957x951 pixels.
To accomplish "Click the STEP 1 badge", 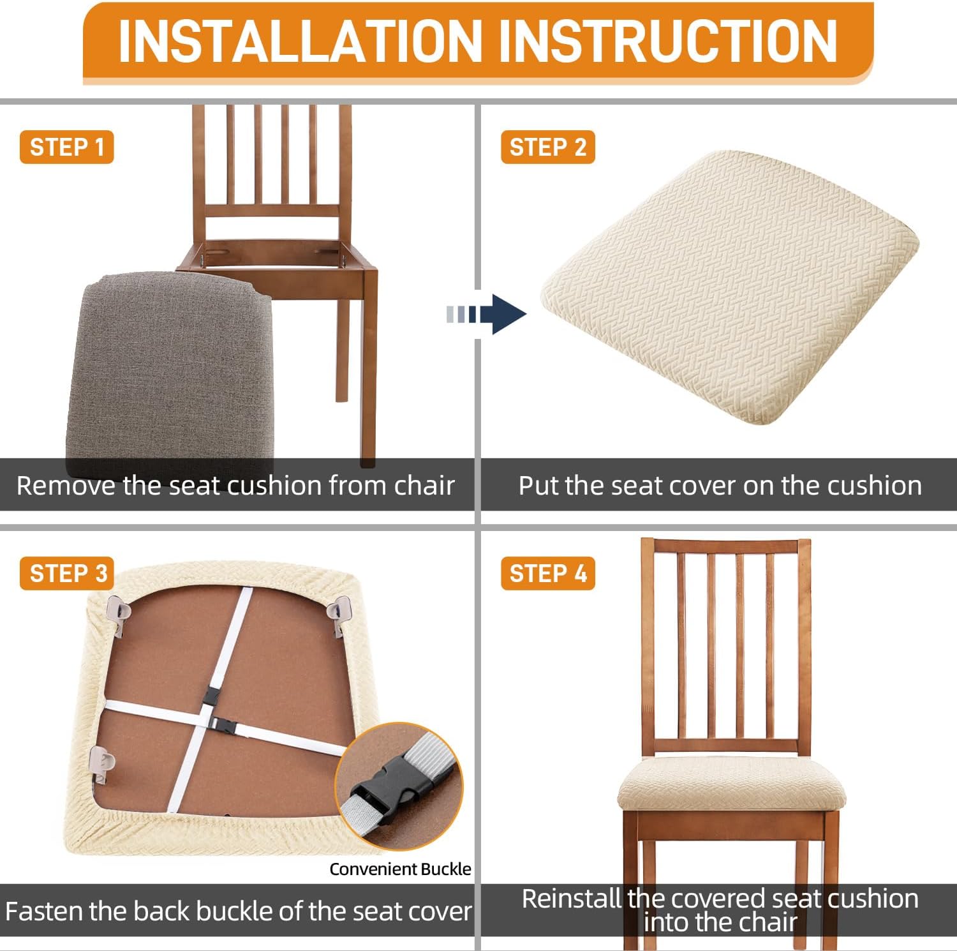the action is (x=66, y=147).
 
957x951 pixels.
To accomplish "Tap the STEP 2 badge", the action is (x=547, y=147).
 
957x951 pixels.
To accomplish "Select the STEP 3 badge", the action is (x=66, y=573).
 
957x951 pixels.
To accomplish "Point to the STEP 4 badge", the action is (x=547, y=573).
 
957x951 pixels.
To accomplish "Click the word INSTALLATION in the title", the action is (x=299, y=41).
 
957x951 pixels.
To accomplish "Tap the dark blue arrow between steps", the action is (x=486, y=314).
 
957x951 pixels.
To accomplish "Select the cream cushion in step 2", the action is (x=729, y=288).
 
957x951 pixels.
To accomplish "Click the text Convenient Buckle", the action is (x=400, y=869).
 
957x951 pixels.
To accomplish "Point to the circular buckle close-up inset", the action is (x=399, y=786).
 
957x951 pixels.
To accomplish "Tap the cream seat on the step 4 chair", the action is (x=732, y=784).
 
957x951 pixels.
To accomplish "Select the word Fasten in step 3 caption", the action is (x=44, y=911).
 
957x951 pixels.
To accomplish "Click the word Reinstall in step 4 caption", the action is (x=571, y=899).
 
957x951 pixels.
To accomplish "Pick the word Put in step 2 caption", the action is (x=538, y=486).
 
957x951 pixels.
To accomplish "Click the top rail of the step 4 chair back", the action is (x=725, y=547).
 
